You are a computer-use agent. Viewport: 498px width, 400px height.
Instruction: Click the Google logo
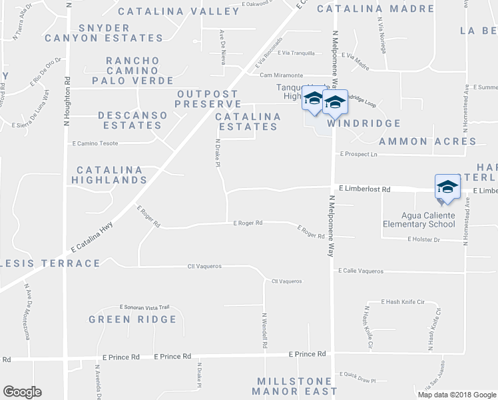tap(22, 392)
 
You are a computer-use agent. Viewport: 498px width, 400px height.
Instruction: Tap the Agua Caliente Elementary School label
tap(428, 219)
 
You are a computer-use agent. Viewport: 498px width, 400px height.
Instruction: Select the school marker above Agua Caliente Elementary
tap(447, 187)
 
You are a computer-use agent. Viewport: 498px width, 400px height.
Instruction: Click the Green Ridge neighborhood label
tap(133, 319)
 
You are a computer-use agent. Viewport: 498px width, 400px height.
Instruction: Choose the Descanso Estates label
tap(133, 120)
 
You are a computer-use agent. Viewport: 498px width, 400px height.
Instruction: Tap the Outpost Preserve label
tap(208, 99)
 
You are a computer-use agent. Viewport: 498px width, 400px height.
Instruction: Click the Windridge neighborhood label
tap(364, 123)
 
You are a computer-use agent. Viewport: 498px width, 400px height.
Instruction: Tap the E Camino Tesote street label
tap(99, 143)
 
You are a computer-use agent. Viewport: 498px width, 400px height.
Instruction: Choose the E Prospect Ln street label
tap(358, 154)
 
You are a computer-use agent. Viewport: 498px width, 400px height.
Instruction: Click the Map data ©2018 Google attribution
tap(456, 394)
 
